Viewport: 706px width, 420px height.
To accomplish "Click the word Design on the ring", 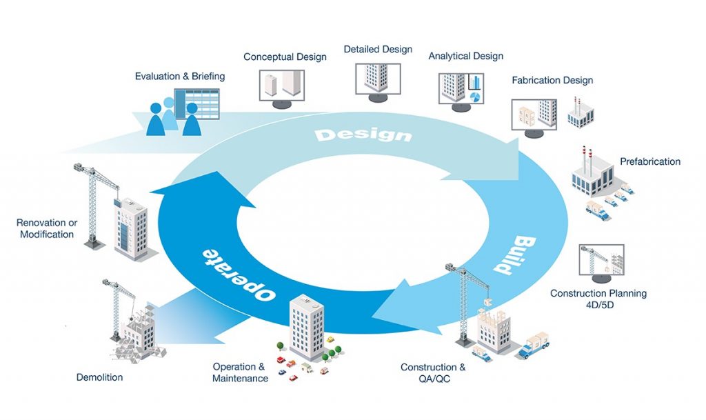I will point(363,133).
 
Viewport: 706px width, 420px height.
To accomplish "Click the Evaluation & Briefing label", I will point(179,76).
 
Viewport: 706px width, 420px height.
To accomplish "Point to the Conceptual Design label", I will point(285,57).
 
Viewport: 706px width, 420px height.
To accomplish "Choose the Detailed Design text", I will point(378,50).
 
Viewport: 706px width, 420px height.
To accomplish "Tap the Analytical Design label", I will point(465,56).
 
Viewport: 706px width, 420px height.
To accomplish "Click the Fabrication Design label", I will point(552,80).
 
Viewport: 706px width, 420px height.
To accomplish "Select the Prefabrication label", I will point(649,161).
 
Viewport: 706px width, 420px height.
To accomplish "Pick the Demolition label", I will point(100,377).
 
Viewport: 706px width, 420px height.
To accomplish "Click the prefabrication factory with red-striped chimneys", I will point(592,173).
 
